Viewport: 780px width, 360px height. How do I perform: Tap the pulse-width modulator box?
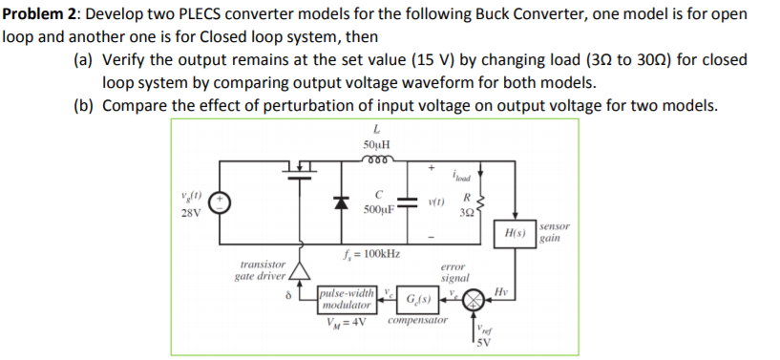tap(347, 300)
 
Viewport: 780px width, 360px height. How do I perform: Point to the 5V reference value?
tap(483, 345)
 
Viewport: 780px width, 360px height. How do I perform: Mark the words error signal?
tap(457, 274)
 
